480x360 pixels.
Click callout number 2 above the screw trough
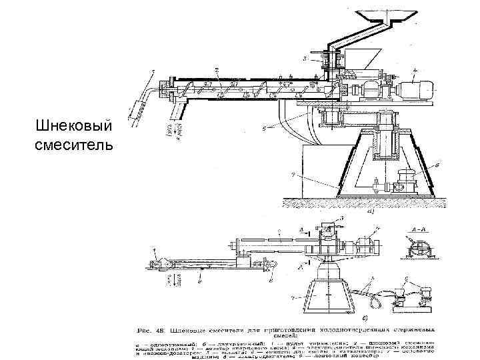pyautogui.click(x=216, y=69)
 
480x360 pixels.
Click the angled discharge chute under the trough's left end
pyautogui.click(x=179, y=107)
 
